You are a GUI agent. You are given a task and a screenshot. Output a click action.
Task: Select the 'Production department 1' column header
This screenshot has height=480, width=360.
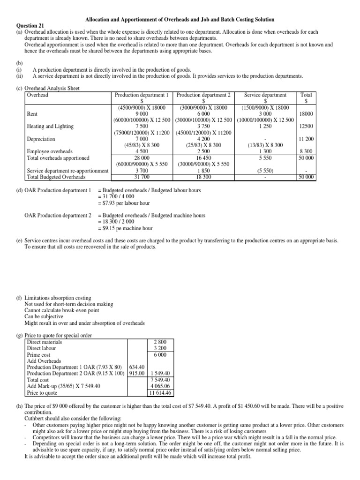click(142, 95)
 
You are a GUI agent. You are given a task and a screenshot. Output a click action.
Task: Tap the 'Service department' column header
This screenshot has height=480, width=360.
click(265, 95)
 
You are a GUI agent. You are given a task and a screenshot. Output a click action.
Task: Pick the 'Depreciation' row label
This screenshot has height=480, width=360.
click(41, 139)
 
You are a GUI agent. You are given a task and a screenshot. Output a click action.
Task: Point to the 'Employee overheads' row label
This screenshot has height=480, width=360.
click(50, 151)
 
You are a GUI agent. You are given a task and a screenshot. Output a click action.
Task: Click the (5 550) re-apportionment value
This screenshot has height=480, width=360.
click(265, 171)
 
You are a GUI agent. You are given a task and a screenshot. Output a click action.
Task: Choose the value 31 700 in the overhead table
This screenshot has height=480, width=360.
click(142, 177)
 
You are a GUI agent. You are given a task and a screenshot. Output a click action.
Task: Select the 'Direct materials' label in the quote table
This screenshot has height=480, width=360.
click(45, 342)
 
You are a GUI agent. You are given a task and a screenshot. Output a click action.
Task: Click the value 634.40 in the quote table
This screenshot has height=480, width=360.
click(137, 367)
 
